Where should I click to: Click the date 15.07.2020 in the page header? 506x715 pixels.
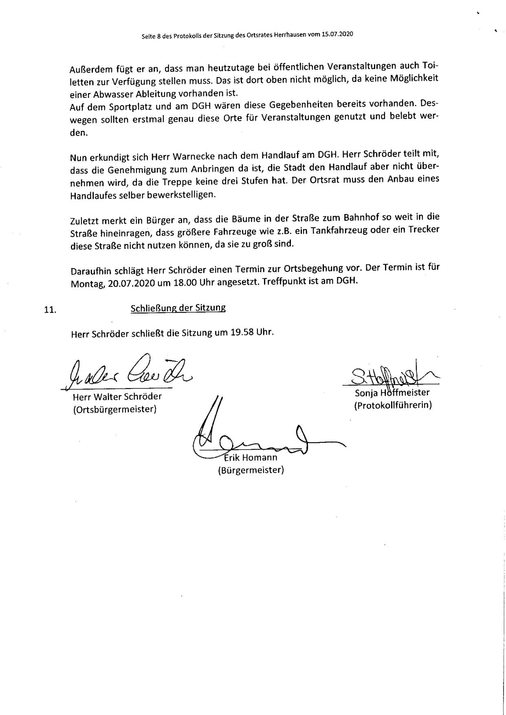337,35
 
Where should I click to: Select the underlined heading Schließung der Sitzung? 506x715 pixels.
178,308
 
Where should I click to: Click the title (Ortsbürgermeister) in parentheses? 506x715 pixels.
115,409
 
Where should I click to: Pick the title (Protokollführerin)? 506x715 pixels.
393,406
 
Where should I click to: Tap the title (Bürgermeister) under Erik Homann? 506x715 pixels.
251,470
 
